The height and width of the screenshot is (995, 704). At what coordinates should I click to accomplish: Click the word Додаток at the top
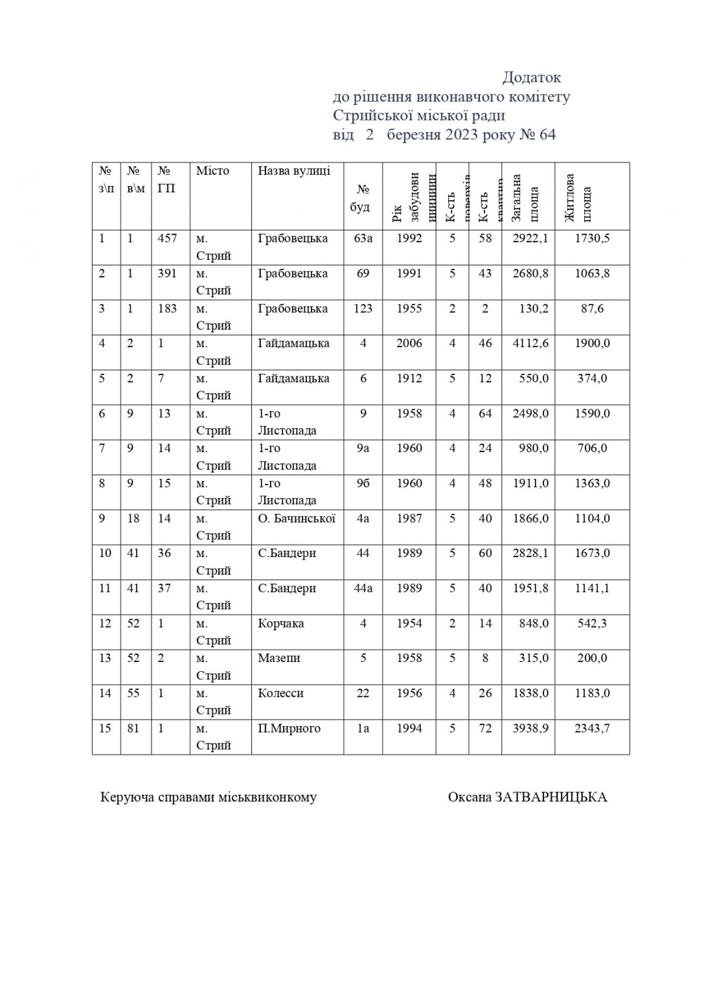[532, 78]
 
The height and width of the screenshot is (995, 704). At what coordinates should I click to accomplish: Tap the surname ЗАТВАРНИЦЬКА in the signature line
[551, 797]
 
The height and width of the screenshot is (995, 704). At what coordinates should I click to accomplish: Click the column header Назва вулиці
[294, 171]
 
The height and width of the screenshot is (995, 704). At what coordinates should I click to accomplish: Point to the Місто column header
[213, 171]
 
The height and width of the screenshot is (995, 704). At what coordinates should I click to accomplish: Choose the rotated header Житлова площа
[578, 196]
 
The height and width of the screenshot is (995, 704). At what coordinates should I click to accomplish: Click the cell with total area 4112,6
[530, 343]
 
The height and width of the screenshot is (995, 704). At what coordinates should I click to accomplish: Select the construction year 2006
[409, 343]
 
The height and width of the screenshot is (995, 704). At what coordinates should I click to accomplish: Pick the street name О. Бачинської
[297, 518]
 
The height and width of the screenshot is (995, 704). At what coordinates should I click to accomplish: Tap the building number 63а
[363, 238]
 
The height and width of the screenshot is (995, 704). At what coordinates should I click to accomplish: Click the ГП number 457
[167, 238]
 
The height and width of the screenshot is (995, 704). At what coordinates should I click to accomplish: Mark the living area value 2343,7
[592, 728]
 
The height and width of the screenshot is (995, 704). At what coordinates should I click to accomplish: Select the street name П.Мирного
[289, 728]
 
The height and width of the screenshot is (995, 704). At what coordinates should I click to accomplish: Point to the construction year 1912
[409, 378]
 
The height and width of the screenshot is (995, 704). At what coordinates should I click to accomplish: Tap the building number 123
[363, 308]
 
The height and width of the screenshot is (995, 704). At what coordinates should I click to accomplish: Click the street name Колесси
[280, 693]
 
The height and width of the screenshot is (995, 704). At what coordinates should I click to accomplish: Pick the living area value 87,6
[592, 308]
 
